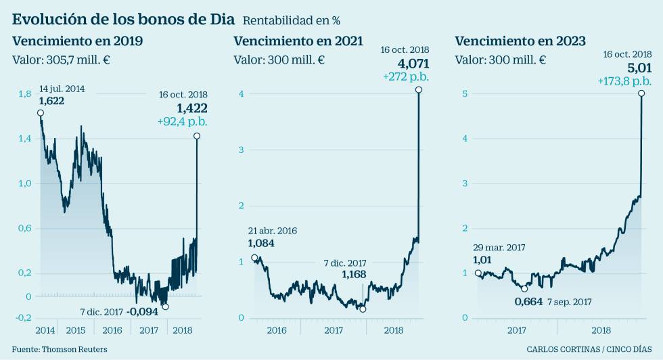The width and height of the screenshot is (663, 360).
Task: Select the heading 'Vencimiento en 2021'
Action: coord(298,41)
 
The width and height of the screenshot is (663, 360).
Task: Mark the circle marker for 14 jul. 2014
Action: coord(41,113)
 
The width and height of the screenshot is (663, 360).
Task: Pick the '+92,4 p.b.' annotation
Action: coord(182,122)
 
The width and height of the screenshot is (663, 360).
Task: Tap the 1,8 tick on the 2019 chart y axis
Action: coord(25,93)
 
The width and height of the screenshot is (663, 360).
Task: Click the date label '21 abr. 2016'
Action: coord(272,231)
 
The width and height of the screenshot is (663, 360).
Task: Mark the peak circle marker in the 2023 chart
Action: coord(641,93)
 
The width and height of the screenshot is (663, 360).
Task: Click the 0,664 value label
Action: coord(528,302)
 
